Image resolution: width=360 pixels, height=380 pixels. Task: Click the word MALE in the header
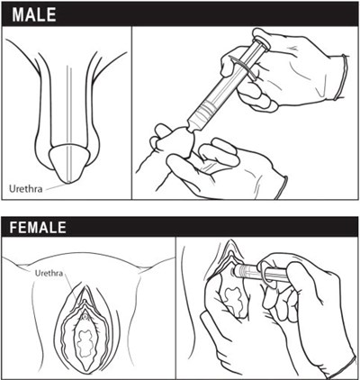[34, 14]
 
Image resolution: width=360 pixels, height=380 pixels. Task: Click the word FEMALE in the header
[38, 227]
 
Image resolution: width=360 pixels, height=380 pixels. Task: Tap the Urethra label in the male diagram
[26, 189]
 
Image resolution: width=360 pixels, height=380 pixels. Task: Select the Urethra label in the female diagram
[49, 273]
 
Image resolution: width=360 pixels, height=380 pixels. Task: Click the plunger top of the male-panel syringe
[261, 39]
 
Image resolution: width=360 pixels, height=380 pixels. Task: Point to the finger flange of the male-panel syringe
[243, 68]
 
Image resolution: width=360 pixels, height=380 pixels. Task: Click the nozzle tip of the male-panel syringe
[190, 129]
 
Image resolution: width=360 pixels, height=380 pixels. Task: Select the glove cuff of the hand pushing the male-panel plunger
[342, 77]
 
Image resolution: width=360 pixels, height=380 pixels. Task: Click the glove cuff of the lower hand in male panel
[282, 187]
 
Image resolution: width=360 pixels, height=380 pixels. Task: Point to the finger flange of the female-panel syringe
[265, 275]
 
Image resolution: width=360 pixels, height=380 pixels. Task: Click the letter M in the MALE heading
[18, 14]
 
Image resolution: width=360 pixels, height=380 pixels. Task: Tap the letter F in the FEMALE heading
[13, 227]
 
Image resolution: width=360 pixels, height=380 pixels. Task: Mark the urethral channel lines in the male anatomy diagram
[69, 124]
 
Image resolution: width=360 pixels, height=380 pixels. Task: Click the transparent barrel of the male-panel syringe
[221, 88]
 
